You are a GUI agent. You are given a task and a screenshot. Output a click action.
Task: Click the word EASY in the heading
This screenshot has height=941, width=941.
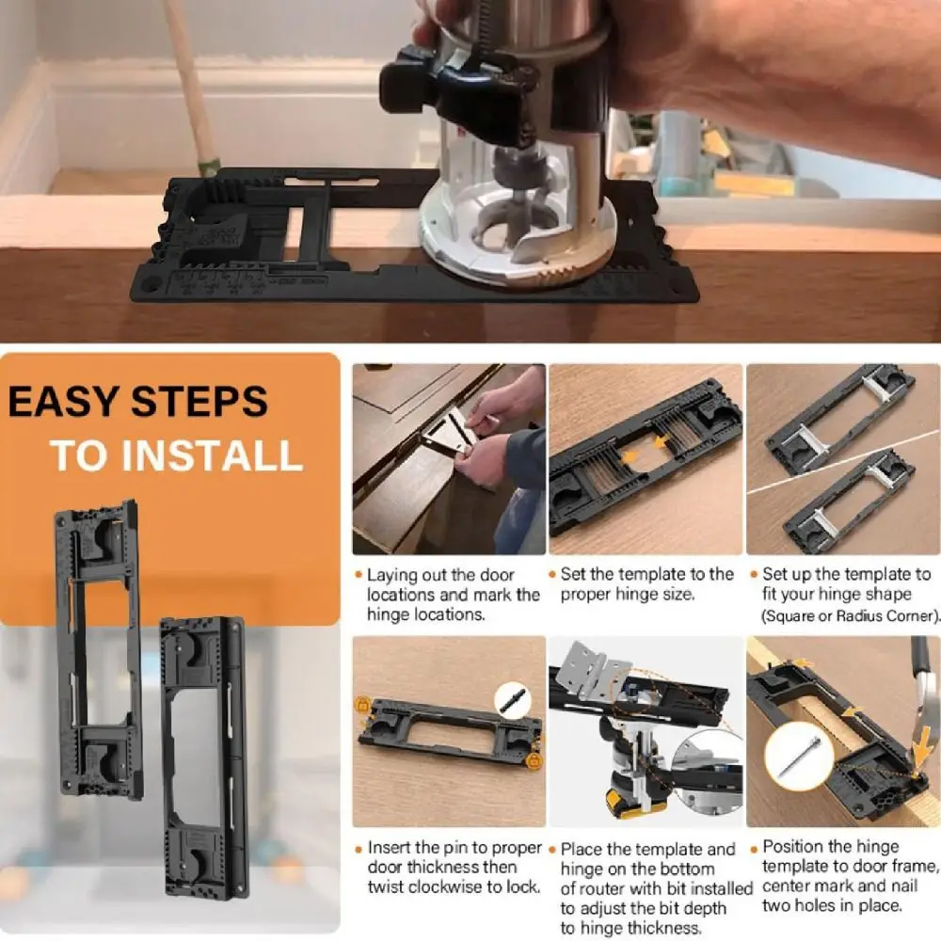pos(63,401)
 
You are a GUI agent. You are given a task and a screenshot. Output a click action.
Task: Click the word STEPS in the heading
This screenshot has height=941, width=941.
pos(199,401)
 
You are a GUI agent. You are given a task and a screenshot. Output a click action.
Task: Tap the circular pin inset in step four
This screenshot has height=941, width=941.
pos(513,700)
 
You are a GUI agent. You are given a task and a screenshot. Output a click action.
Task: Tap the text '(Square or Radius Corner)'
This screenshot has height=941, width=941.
pos(850,615)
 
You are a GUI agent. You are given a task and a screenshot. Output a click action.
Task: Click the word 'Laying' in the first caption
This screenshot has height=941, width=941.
pos(392,576)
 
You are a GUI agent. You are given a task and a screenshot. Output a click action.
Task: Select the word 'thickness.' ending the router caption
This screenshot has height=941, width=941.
pos(666,928)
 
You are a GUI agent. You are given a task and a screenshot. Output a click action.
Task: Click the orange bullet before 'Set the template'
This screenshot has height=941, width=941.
pos(552,575)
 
